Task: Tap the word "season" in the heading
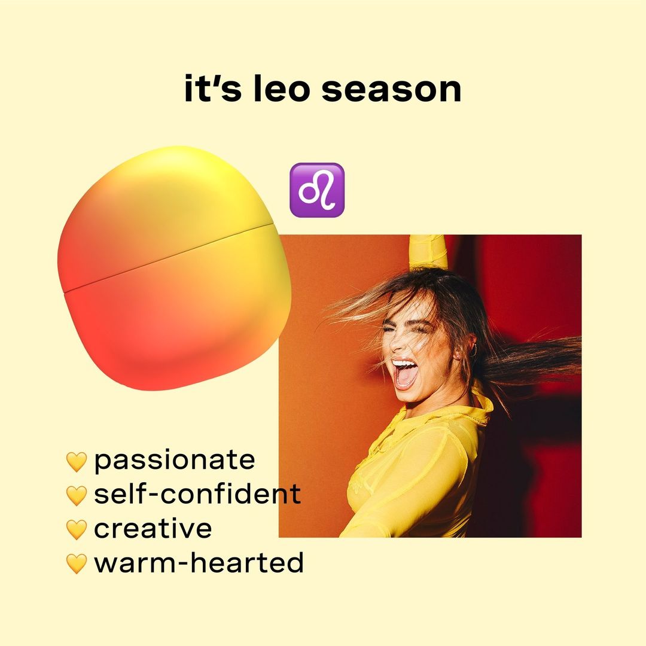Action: click(391, 91)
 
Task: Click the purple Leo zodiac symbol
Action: click(317, 190)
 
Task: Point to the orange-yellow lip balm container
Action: click(174, 268)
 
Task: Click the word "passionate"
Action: click(175, 461)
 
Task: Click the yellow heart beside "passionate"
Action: click(77, 462)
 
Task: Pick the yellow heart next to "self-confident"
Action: click(77, 496)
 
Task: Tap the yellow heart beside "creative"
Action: click(77, 530)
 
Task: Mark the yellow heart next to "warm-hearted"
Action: click(77, 563)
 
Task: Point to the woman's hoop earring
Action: click(474, 351)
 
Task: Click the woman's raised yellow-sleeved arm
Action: click(428, 251)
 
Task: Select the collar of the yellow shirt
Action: click(474, 406)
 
